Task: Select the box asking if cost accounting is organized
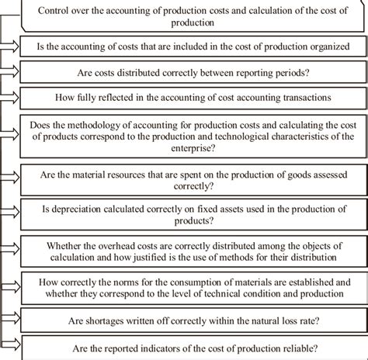[x=192, y=47]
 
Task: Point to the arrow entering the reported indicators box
[x=16, y=349]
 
